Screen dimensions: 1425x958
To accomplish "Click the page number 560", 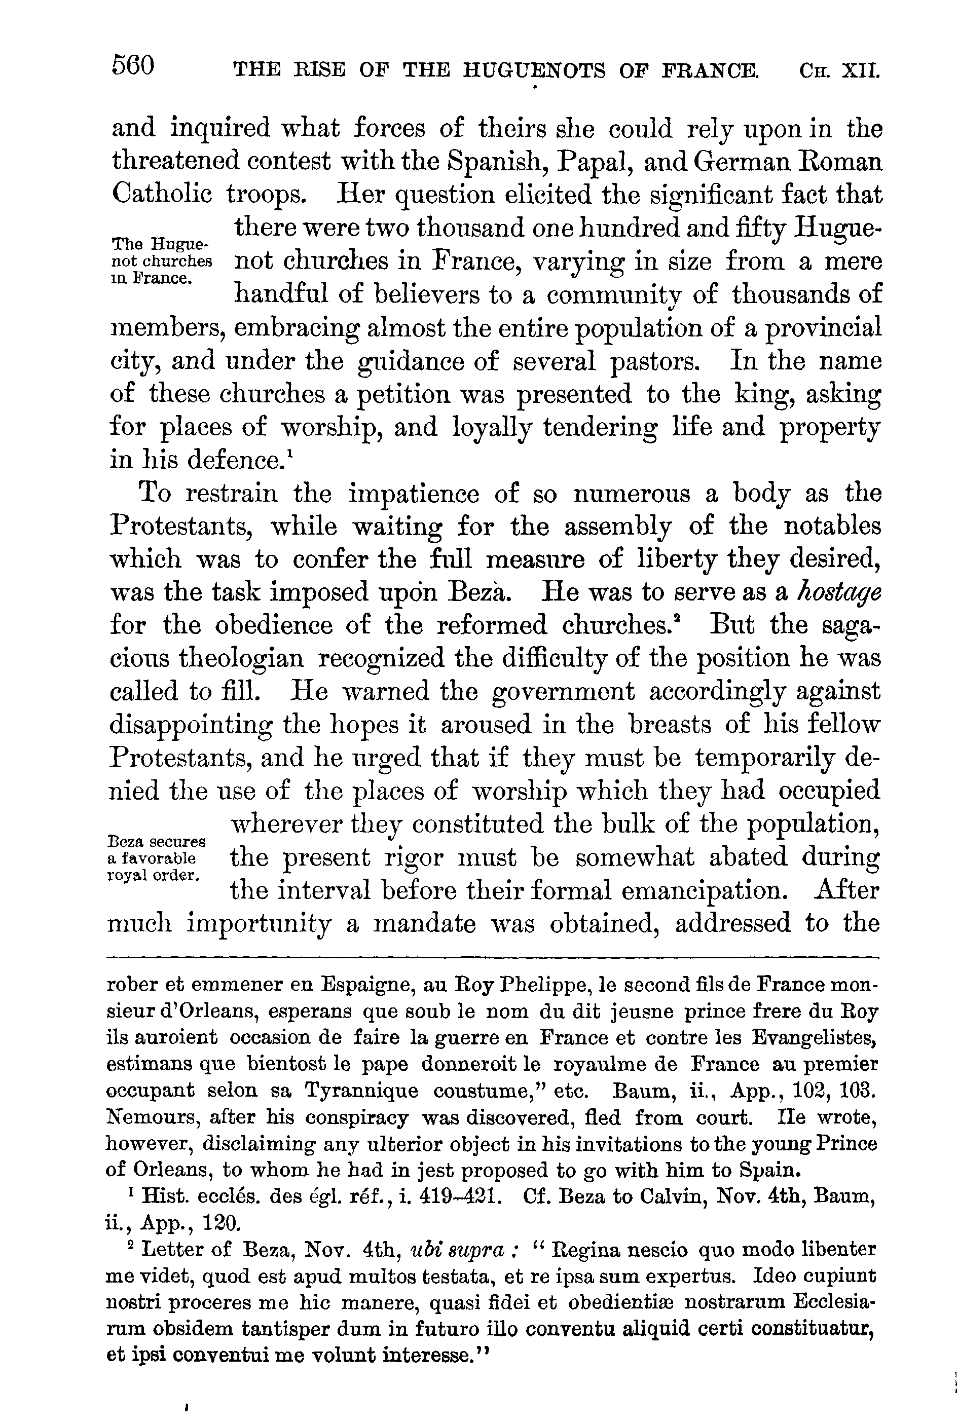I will pos(133,65).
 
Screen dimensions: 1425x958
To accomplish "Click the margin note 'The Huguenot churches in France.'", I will pos(161,262).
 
